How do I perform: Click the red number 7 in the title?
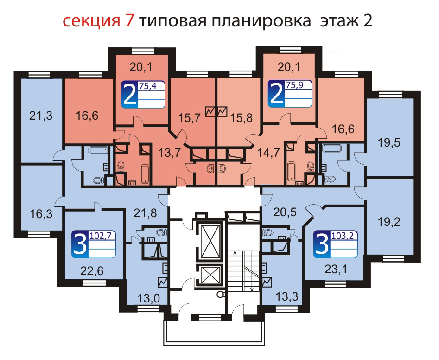click(129, 21)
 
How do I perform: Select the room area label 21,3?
click(41, 116)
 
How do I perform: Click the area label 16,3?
click(41, 214)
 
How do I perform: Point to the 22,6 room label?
click(92, 271)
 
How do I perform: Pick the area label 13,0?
click(148, 298)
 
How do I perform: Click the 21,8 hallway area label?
click(145, 213)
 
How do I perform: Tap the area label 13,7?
click(170, 153)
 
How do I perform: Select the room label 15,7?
click(190, 118)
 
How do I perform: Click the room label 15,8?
click(242, 118)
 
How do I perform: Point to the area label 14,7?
click(268, 153)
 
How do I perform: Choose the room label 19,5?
click(389, 142)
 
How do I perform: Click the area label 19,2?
click(389, 222)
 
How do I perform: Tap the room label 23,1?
click(336, 269)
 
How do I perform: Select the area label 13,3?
click(286, 296)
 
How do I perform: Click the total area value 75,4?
click(147, 86)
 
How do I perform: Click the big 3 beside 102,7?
click(80, 244)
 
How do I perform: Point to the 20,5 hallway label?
click(285, 212)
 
